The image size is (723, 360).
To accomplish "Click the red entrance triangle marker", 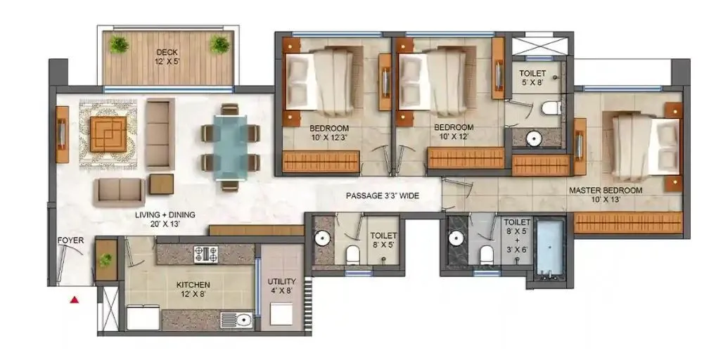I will click(73, 300).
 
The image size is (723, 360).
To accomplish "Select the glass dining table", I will click(231, 148).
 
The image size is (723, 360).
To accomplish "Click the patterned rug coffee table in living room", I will click(108, 133).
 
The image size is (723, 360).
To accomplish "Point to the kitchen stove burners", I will click(205, 254).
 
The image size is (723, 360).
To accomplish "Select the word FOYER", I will click(70, 240).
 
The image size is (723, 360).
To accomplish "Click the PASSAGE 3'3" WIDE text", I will click(382, 196).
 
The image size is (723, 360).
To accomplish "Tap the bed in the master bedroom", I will click(644, 146).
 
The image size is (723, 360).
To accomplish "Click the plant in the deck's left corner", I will click(120, 44).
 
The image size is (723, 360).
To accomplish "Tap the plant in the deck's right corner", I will click(219, 44).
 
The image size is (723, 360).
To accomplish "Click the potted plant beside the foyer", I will click(105, 259).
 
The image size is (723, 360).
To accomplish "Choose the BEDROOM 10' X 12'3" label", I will click(329, 132).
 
